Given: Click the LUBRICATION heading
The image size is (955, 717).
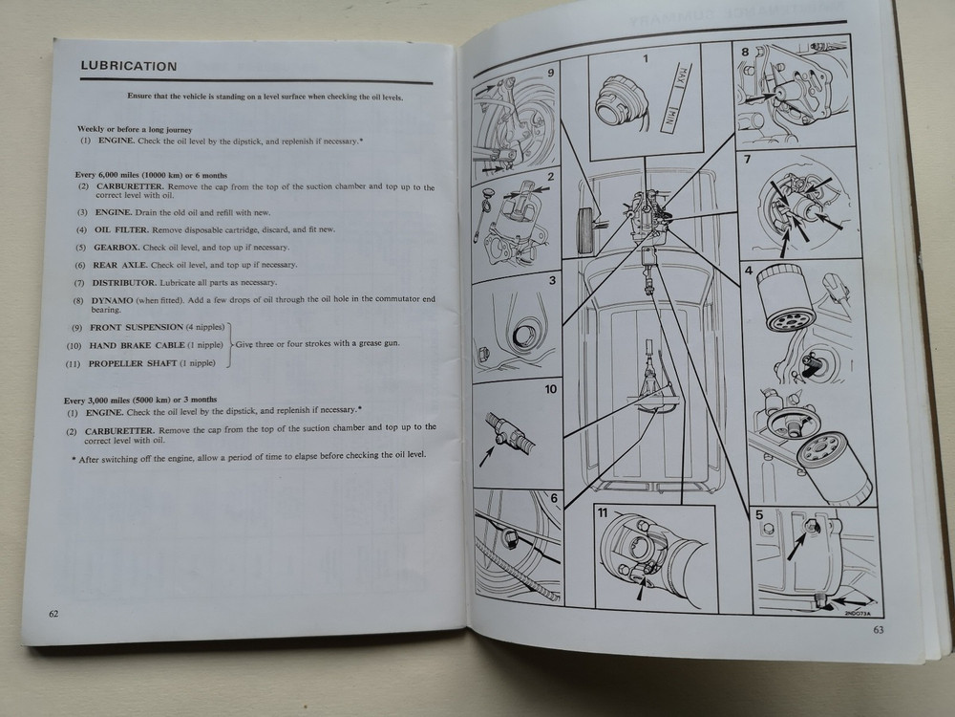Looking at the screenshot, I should pyautogui.click(x=129, y=67).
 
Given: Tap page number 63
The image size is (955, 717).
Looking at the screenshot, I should pyautogui.click(x=879, y=629).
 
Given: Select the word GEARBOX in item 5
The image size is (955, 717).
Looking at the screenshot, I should pyautogui.click(x=117, y=247).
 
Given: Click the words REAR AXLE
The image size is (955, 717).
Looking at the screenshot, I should pyautogui.click(x=118, y=265).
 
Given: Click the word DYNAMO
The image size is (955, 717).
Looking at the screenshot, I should pyautogui.click(x=115, y=300).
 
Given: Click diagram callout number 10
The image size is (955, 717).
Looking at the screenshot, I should pyautogui.click(x=550, y=389).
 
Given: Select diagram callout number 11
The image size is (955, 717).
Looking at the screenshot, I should pyautogui.click(x=603, y=512).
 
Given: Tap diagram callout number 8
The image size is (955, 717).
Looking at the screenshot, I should pyautogui.click(x=745, y=47).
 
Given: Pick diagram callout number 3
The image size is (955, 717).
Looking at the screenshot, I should pyautogui.click(x=551, y=281).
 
